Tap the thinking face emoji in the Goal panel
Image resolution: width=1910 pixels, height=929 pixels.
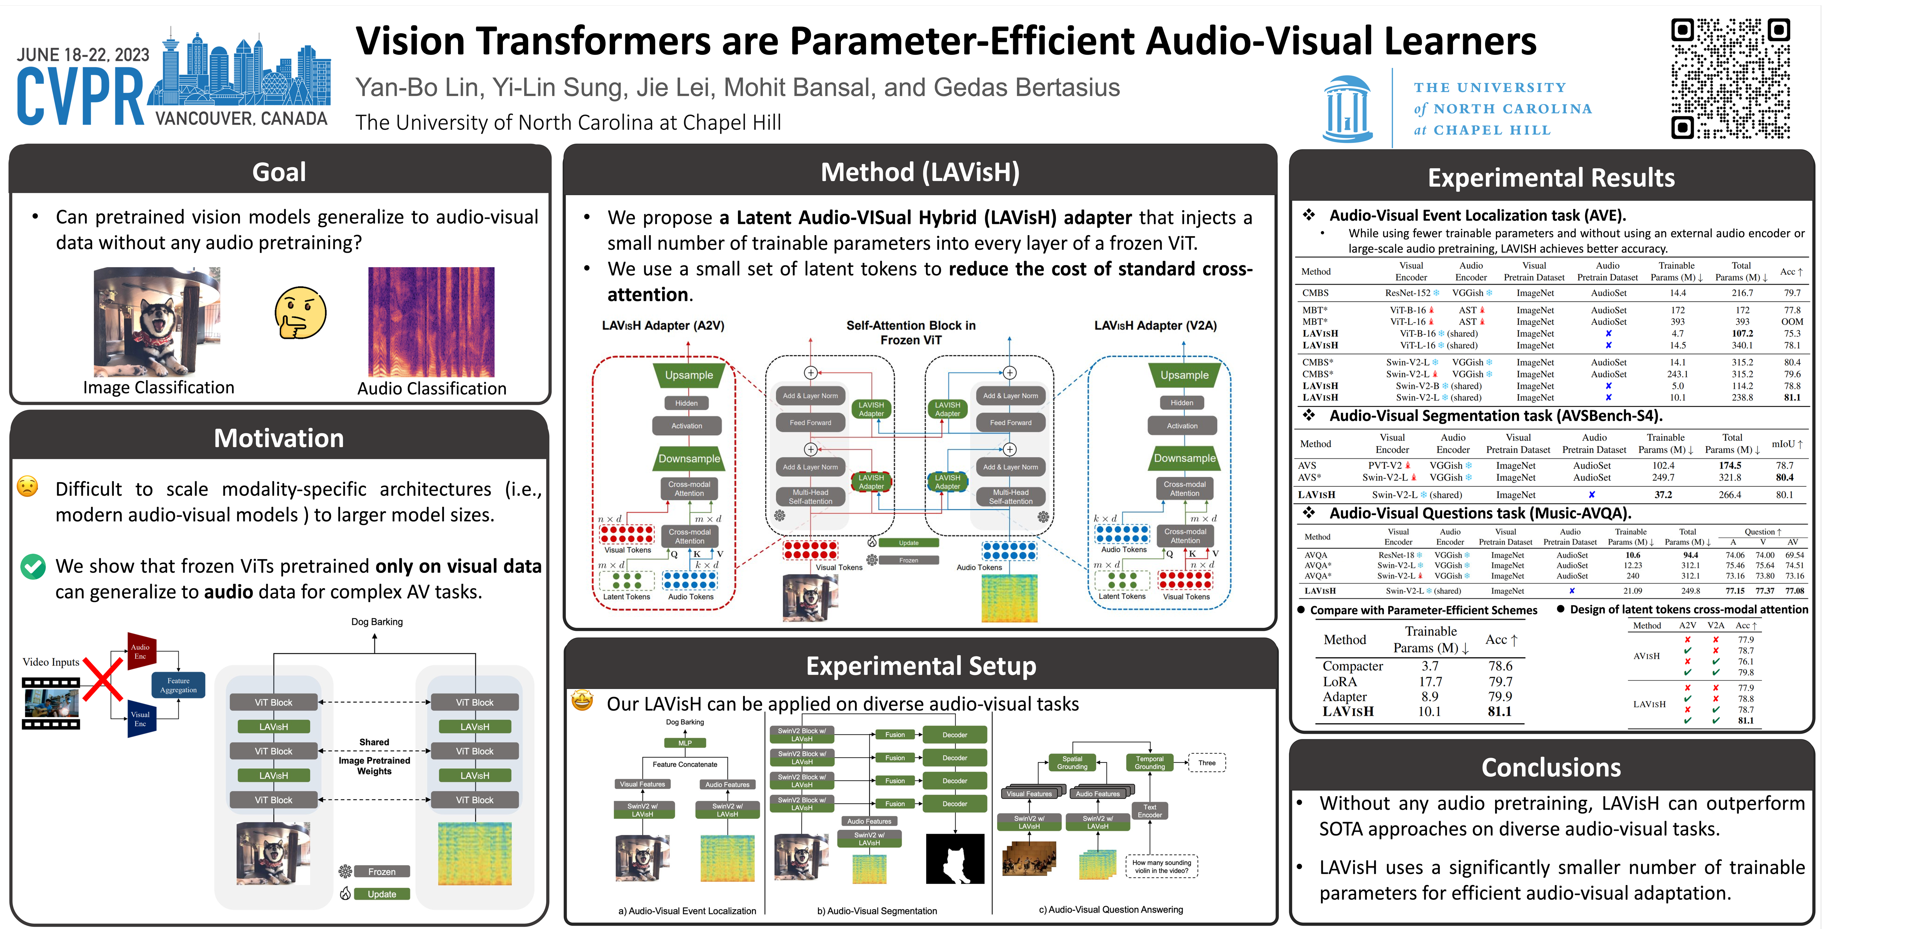[300, 314]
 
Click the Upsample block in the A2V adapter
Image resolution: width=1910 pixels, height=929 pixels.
[689, 375]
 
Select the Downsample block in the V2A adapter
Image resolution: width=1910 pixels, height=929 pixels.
[1184, 459]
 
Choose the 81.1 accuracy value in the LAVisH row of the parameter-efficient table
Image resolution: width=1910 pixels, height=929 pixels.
[1499, 712]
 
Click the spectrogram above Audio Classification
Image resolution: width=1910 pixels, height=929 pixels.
[431, 322]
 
